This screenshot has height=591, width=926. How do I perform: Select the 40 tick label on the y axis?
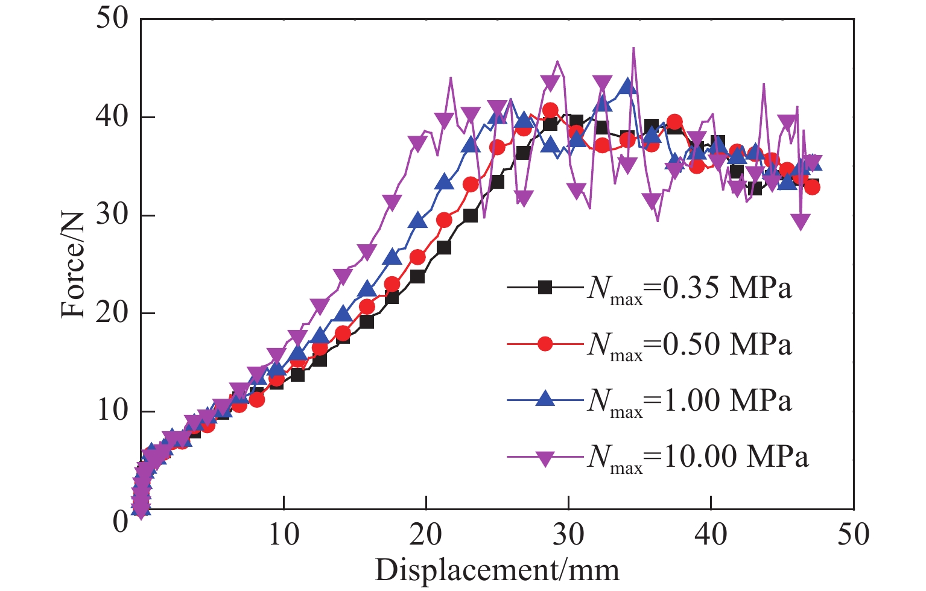point(113,117)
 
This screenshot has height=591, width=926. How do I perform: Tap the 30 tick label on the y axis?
point(113,215)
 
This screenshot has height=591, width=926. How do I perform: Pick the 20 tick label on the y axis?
point(113,314)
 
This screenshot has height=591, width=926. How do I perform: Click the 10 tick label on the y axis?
point(113,412)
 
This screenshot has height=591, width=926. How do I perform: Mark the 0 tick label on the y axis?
point(121,520)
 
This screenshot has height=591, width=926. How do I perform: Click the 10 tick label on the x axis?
point(284,534)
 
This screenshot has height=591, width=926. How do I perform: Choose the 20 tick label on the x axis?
point(426,534)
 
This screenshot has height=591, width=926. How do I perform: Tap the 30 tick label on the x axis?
point(568,534)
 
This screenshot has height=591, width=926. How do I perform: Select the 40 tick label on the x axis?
point(711,534)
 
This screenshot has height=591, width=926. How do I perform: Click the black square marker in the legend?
point(545,288)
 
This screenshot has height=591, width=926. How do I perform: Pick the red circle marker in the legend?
point(545,344)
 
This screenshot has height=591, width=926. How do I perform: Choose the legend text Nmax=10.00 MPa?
point(697,457)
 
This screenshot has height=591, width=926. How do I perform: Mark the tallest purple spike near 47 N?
point(633,48)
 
